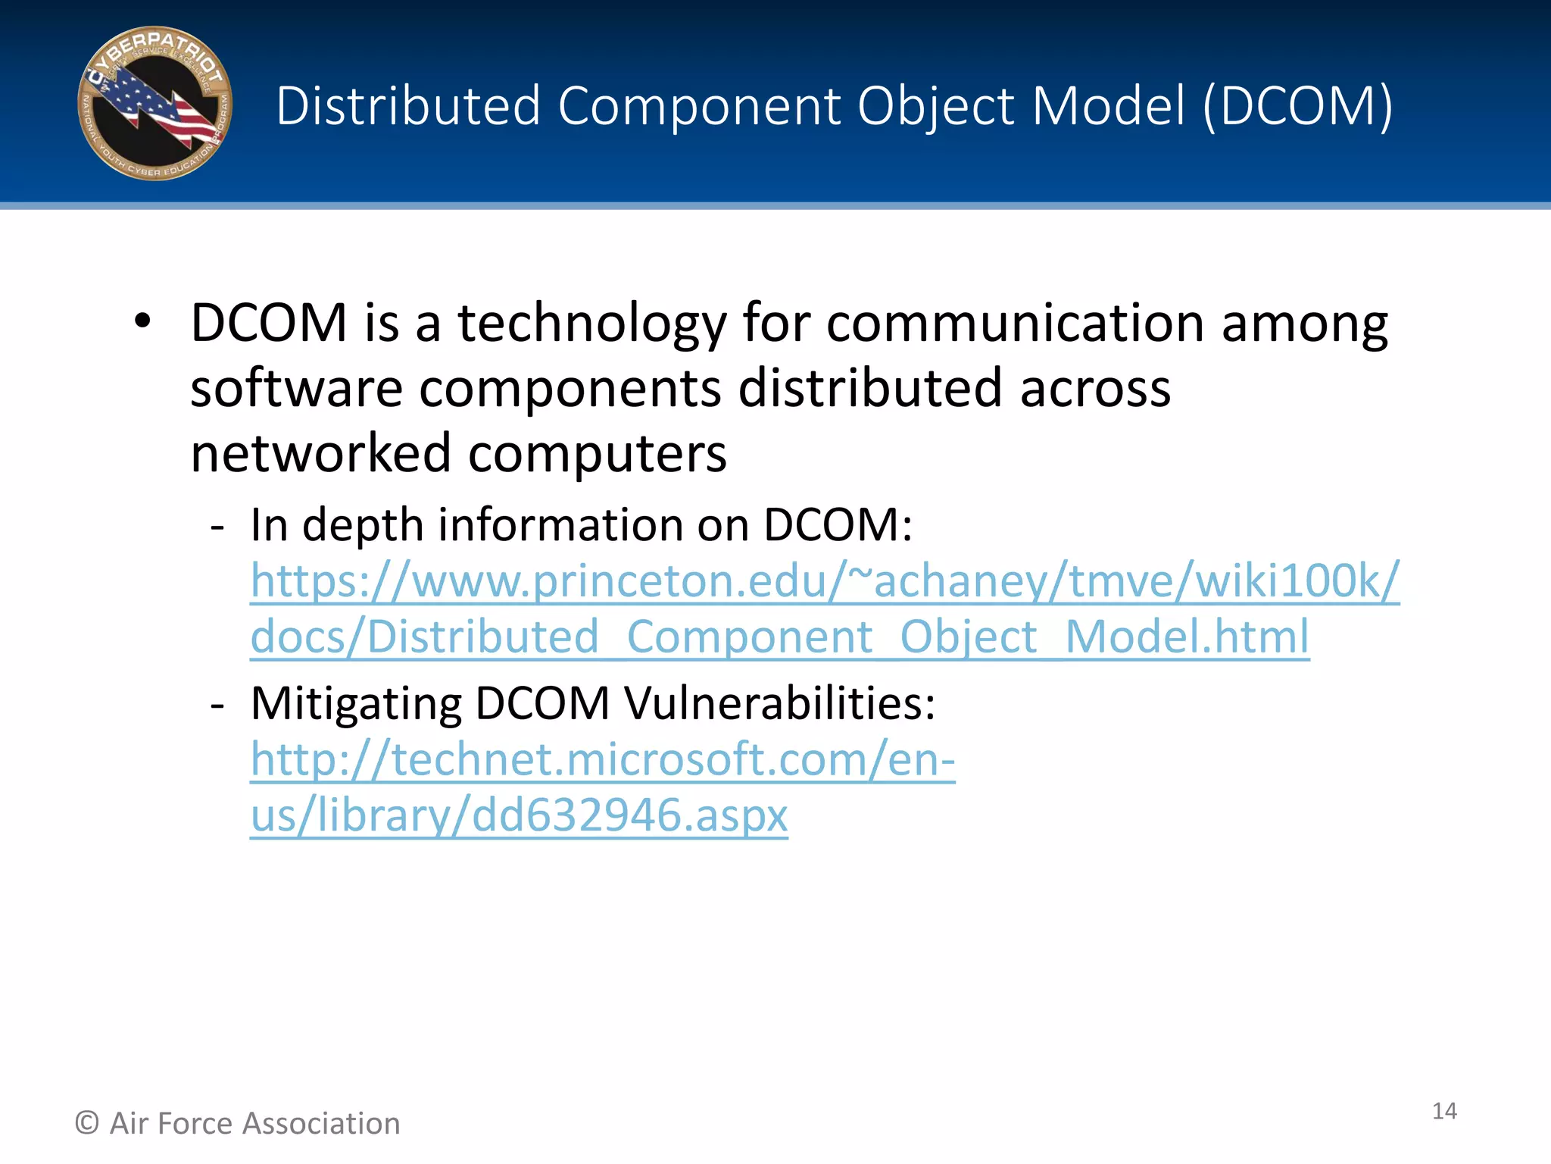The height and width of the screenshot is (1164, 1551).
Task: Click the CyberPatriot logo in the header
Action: click(x=154, y=104)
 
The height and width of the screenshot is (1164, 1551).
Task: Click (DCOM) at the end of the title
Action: click(x=1297, y=105)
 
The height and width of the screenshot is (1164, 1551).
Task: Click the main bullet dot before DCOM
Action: click(x=142, y=321)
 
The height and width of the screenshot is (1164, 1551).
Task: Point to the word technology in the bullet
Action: click(x=591, y=324)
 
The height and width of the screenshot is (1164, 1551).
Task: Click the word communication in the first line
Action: click(x=1015, y=324)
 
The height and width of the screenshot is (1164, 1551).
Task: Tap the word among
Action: click(x=1304, y=324)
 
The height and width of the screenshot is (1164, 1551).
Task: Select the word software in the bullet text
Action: click(x=296, y=388)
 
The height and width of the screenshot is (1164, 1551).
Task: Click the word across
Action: click(x=1095, y=388)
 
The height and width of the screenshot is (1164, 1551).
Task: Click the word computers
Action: click(x=598, y=453)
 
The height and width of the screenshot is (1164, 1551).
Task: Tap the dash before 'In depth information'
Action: click(x=218, y=526)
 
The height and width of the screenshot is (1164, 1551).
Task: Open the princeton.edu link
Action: click(x=825, y=580)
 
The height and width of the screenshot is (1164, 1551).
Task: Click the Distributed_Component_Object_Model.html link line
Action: click(x=779, y=637)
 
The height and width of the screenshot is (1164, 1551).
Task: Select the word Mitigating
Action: click(x=356, y=703)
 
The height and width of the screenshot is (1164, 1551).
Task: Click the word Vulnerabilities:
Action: click(x=780, y=703)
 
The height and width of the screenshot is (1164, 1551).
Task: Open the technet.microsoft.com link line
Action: click(x=603, y=759)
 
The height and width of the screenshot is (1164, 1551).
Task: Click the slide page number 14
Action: click(x=1444, y=1111)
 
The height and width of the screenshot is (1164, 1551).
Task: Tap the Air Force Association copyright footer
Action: click(x=238, y=1123)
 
